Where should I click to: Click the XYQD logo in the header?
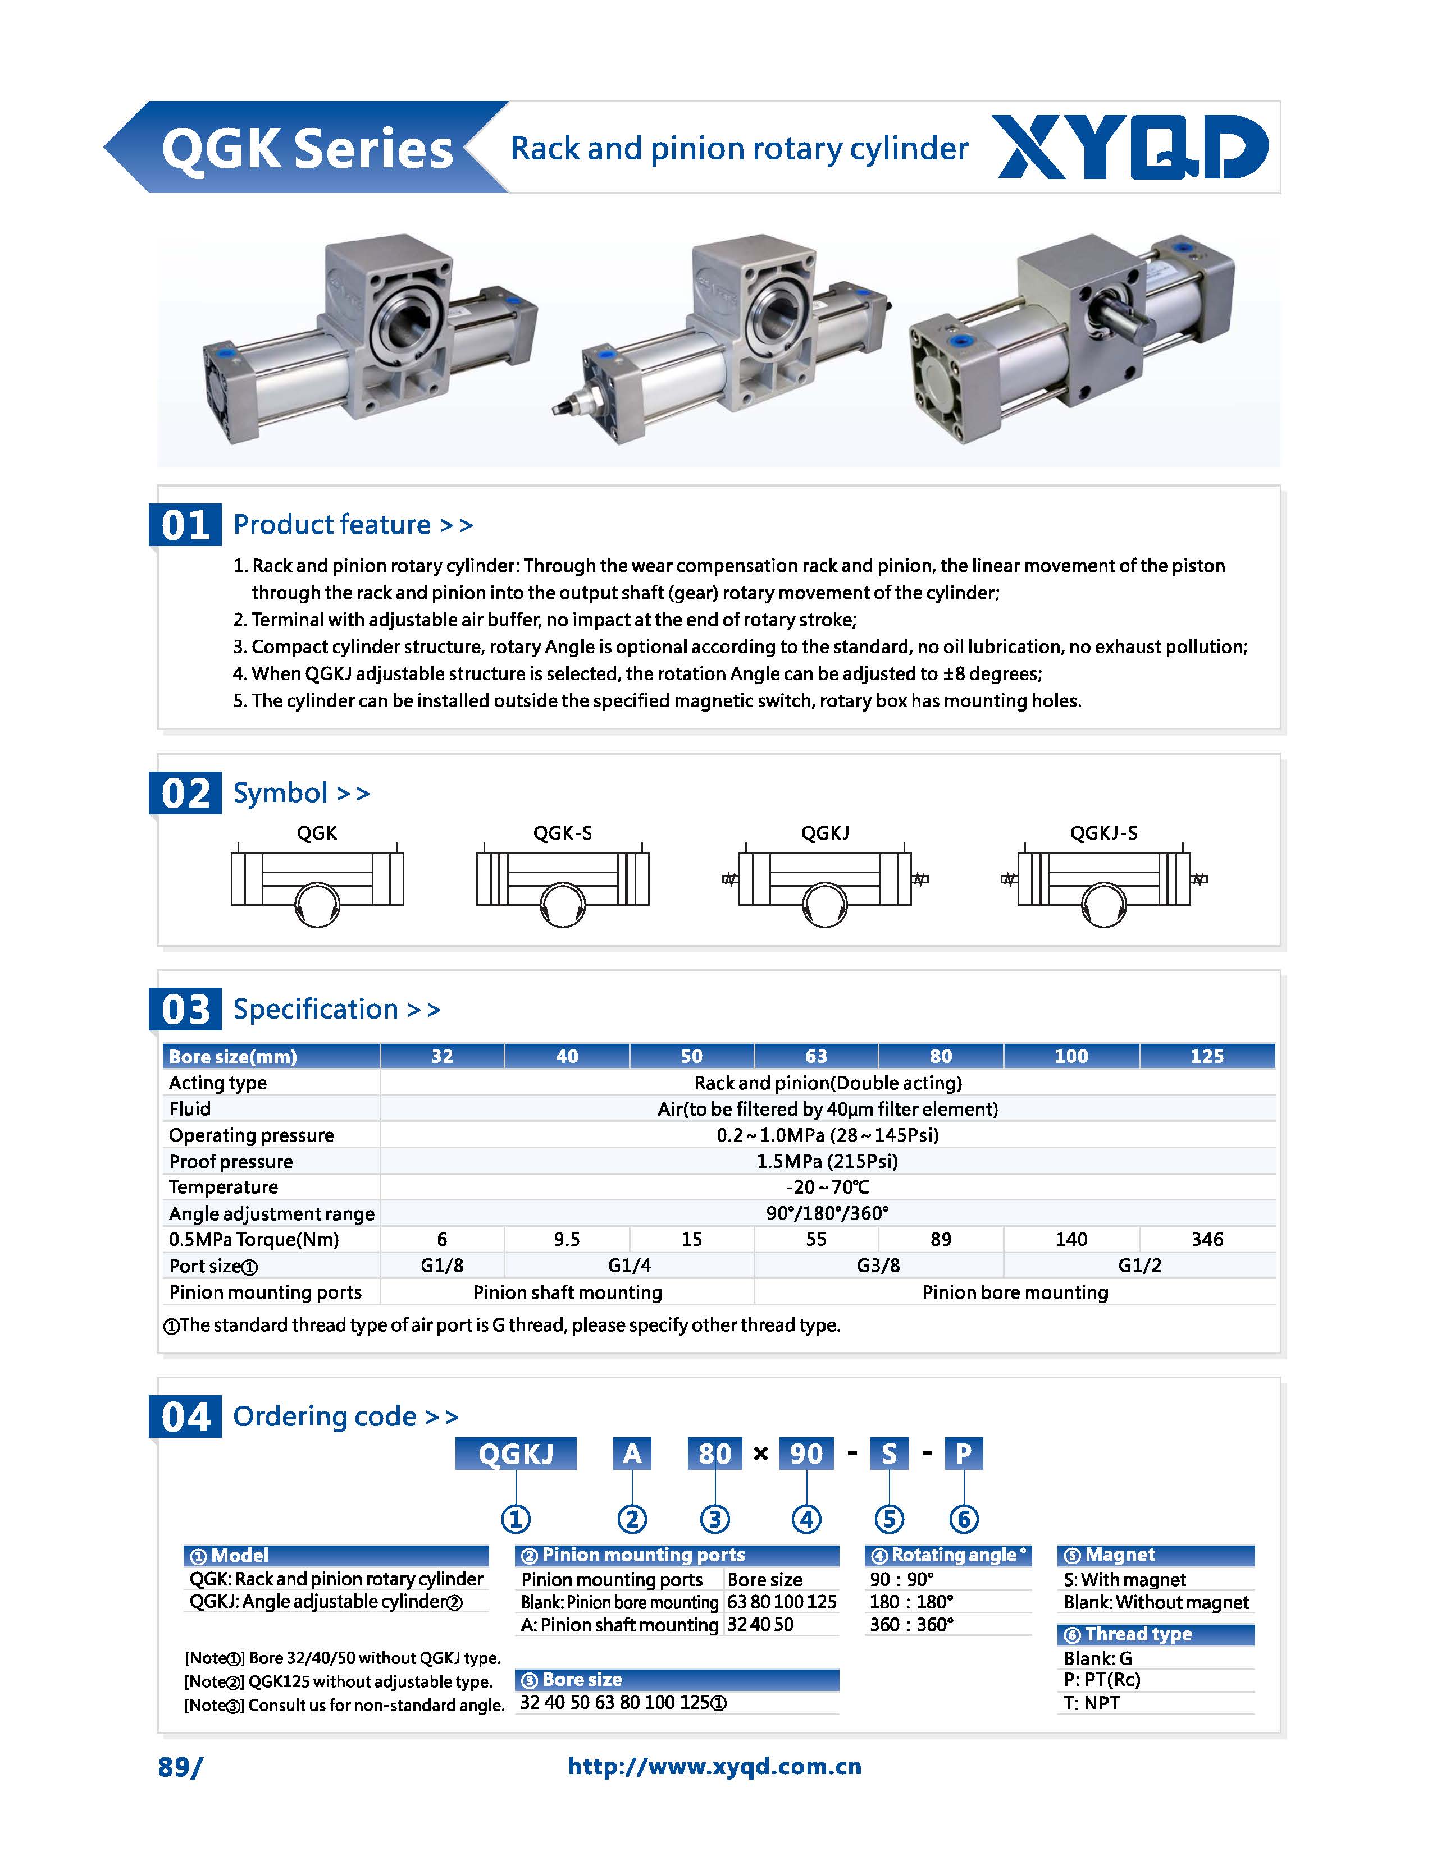tap(1133, 148)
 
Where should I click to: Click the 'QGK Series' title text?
tap(307, 149)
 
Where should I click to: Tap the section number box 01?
tap(185, 525)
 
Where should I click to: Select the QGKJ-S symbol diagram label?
tap(1103, 833)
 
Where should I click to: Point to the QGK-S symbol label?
tap(563, 833)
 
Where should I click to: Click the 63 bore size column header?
tap(815, 1056)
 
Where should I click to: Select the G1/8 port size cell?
tap(442, 1265)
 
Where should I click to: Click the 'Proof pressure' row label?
tap(231, 1161)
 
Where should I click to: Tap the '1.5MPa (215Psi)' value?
tap(827, 1161)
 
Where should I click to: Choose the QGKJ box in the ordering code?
tap(516, 1454)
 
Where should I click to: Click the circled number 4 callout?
tap(806, 1519)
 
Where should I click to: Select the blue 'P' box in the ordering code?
tap(963, 1454)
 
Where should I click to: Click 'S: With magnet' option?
tap(1124, 1579)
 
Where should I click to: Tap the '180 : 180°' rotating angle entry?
tap(911, 1602)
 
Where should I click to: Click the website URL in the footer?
tap(714, 1766)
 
